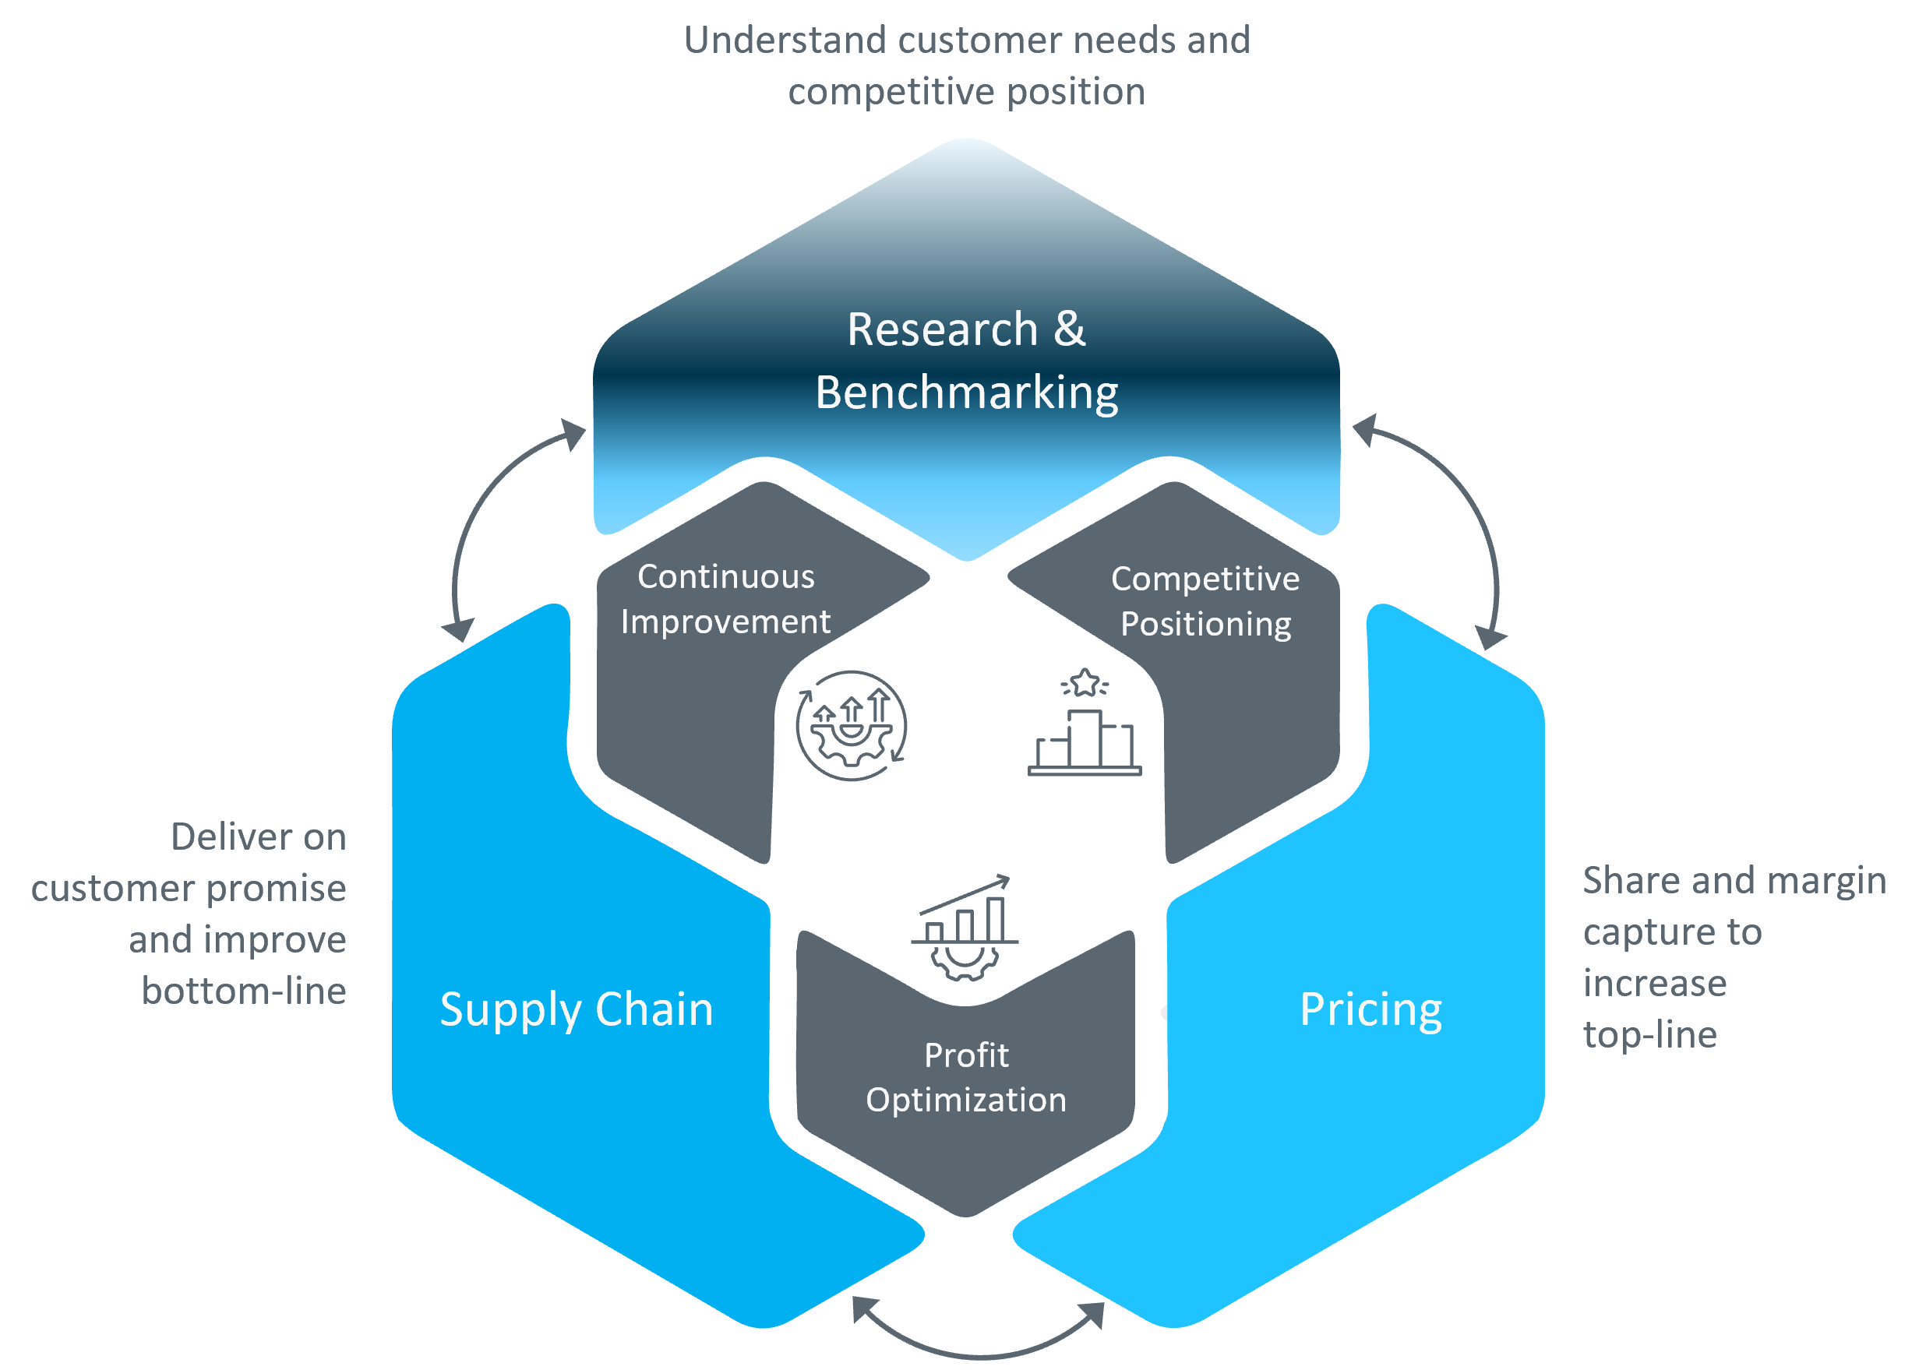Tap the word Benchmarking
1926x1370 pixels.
[x=966, y=393]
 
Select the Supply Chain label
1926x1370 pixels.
[x=577, y=1010]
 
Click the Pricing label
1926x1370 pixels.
[x=1370, y=1010]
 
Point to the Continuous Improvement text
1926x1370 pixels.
[x=725, y=599]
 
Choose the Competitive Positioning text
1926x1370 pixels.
[x=1205, y=601]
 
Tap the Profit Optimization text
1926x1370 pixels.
[x=966, y=1077]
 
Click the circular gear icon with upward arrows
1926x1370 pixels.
[x=851, y=725]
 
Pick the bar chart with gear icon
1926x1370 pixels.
[x=965, y=928]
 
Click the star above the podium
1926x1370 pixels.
[x=1085, y=681]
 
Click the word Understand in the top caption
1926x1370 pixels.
[x=784, y=41]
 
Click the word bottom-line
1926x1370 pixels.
[x=244, y=991]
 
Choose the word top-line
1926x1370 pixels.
[x=1649, y=1035]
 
